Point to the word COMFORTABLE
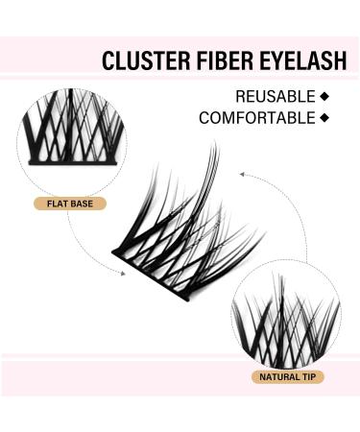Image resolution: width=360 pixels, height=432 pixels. click(256, 118)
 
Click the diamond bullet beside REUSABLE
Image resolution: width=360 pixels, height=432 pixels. click(324, 96)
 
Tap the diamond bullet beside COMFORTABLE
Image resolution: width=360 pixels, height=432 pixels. click(324, 118)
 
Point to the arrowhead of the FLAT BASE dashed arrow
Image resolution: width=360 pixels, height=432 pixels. click(124, 273)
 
